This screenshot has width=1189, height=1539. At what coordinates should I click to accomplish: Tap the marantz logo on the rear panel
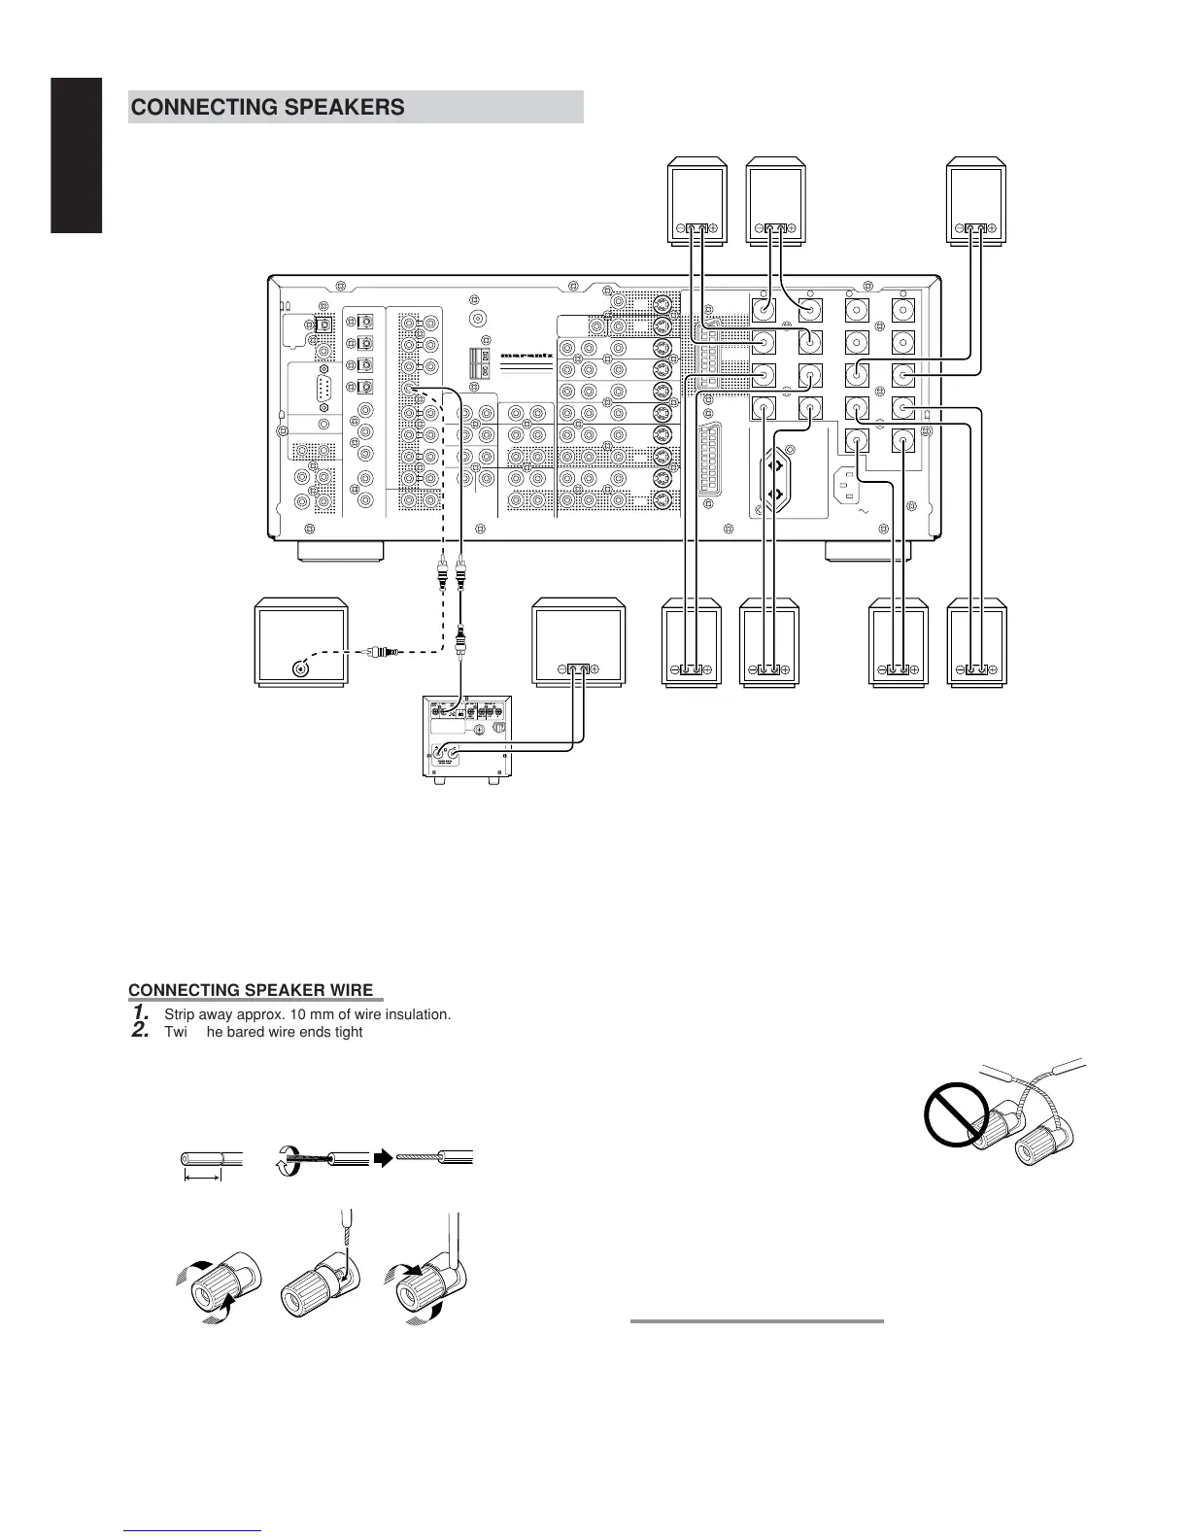[x=527, y=356]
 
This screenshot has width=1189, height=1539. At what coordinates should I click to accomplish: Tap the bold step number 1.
[x=140, y=1013]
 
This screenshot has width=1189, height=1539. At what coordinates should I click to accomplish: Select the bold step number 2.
[x=140, y=1031]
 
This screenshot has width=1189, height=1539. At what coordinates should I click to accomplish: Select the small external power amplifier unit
[x=466, y=736]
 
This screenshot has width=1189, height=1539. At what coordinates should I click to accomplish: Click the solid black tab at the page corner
[x=77, y=155]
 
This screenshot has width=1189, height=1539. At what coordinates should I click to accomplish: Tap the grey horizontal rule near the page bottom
[x=757, y=1320]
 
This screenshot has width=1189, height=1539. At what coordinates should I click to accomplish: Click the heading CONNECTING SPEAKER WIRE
[x=251, y=991]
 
